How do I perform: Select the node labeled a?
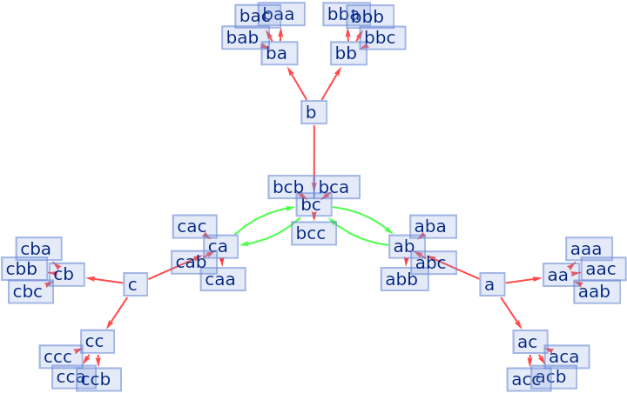pos(492,284)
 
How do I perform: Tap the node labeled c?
pos(135,284)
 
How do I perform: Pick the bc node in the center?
pos(313,206)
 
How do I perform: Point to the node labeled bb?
pos(347,54)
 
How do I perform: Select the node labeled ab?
pos(404,246)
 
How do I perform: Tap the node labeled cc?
pos(97,341)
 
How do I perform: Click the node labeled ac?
pos(529,342)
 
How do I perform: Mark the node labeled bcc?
pos(313,234)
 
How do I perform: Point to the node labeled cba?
pos(38,249)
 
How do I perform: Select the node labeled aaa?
pos(588,249)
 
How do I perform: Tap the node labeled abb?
pos(403,279)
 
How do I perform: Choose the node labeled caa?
pos(223,279)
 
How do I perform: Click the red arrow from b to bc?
pos(313,157)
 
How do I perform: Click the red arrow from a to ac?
pos(510,313)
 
